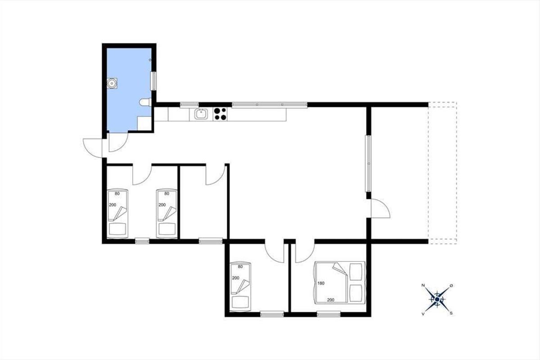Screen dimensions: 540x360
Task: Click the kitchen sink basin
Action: (x=201, y=114)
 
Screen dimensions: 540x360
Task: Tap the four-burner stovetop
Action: (x=220, y=114)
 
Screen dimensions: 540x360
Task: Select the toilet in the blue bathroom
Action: (x=145, y=102)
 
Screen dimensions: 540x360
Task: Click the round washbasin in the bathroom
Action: (x=112, y=83)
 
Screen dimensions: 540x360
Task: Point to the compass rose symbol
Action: (x=437, y=300)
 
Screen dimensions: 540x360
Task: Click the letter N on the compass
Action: (x=423, y=285)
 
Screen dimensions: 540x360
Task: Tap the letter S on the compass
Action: (x=451, y=314)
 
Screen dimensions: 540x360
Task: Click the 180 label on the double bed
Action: (x=321, y=283)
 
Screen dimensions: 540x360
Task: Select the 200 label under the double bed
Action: (x=330, y=300)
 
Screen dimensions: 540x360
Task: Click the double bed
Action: (x=339, y=283)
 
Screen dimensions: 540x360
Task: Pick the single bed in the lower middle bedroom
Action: (x=240, y=286)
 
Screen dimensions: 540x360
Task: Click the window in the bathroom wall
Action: (x=153, y=81)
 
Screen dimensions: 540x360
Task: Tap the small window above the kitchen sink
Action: (x=189, y=104)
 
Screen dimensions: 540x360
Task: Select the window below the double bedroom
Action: (x=328, y=314)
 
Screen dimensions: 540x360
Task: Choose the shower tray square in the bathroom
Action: (x=144, y=123)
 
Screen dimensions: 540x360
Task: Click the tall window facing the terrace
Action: (x=369, y=164)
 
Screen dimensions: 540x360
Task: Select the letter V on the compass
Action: (x=423, y=314)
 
